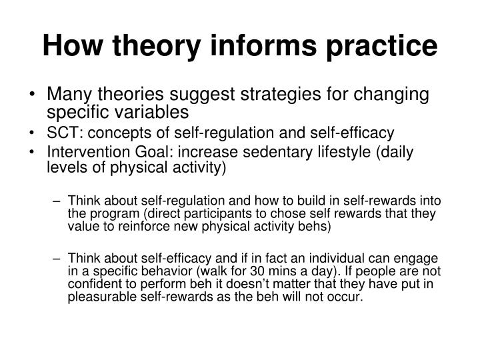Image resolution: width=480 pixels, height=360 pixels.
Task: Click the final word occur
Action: pyautogui.click(x=349, y=297)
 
